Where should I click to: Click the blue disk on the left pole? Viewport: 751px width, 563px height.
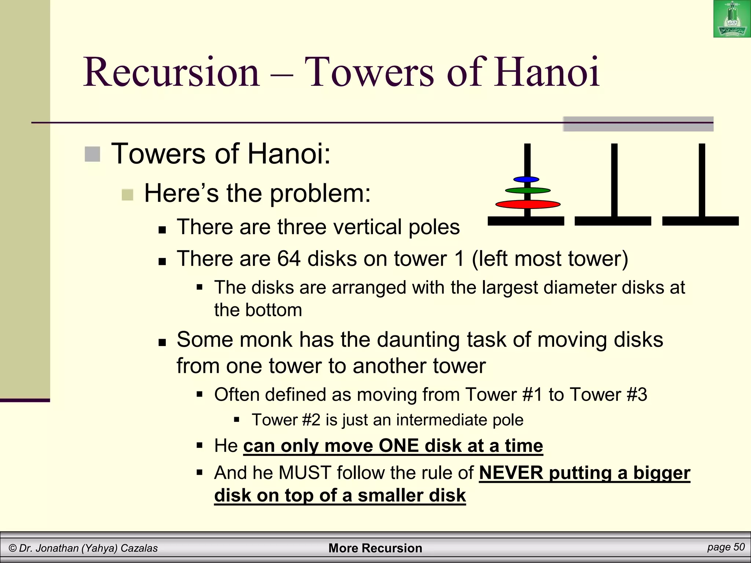[526, 179]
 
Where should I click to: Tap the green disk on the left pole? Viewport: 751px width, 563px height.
[528, 190]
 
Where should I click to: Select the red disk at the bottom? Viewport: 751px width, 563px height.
[528, 204]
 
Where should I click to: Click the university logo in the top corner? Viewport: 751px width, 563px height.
[732, 19]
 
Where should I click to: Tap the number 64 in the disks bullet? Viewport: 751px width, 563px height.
[289, 258]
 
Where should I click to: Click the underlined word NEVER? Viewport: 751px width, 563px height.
[511, 472]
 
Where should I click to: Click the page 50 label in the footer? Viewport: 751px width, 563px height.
[726, 547]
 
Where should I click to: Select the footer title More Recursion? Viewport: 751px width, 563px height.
[375, 548]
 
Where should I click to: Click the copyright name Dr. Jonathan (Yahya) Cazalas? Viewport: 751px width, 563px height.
[83, 548]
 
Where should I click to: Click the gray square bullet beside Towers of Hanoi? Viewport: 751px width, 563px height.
[92, 154]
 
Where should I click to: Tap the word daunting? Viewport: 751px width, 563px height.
[418, 339]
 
